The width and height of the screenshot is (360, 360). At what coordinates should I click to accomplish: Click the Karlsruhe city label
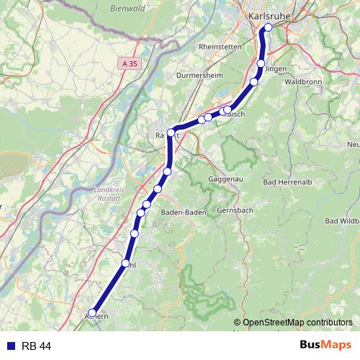click(x=268, y=16)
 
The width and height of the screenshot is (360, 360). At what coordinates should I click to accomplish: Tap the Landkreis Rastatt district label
click(x=109, y=192)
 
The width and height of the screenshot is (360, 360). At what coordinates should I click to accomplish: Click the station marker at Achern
click(x=92, y=312)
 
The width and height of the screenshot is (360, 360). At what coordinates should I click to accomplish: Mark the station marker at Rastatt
click(x=171, y=132)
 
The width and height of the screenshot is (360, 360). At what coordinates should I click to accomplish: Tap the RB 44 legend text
click(x=36, y=346)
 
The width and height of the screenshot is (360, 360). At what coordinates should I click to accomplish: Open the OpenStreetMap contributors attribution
click(x=297, y=323)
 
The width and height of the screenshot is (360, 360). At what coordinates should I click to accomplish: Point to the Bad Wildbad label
click(x=343, y=220)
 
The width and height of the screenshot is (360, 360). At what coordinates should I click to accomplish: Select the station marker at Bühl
click(x=126, y=264)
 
